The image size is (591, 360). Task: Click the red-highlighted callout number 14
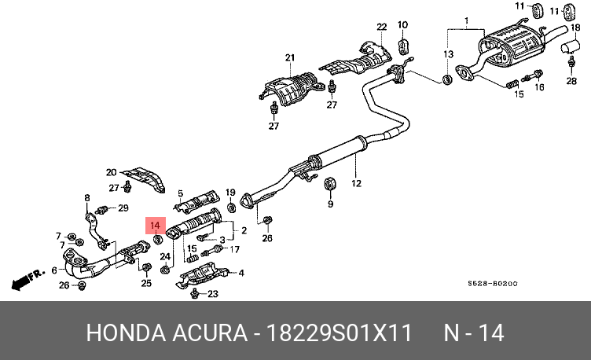coord(155,226)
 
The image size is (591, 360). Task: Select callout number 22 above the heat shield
coord(382,28)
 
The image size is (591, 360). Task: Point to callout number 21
coord(289,57)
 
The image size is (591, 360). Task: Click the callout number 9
coord(330,204)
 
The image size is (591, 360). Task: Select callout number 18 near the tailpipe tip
coord(576,28)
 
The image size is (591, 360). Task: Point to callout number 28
coord(571,81)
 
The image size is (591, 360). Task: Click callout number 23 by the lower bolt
coord(212,295)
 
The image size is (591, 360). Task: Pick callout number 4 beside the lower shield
coord(241,273)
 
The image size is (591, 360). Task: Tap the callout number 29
coord(123,208)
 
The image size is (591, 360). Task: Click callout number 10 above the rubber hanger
coord(402,24)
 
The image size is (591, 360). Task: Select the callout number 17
coord(233,249)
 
